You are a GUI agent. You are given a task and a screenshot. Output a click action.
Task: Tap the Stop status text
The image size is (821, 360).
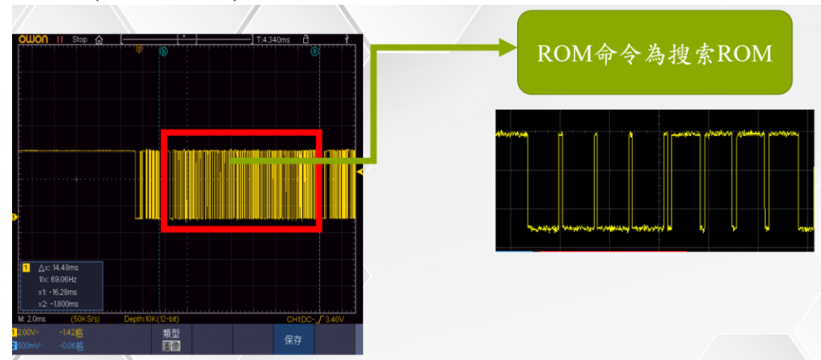[x=79, y=38]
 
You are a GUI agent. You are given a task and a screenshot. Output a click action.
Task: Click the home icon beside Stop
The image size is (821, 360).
[x=99, y=38]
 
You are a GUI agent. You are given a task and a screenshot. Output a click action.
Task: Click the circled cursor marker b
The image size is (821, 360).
[x=164, y=51]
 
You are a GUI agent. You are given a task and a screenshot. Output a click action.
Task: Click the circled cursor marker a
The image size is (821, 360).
[x=315, y=51]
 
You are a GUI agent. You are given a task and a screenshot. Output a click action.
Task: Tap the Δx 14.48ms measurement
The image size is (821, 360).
[x=59, y=266]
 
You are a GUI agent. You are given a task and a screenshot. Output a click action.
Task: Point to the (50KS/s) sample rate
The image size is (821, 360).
[x=87, y=319]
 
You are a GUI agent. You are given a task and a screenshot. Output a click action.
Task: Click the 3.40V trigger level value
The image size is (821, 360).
[x=336, y=319]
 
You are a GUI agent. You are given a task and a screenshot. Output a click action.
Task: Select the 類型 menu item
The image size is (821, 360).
[x=170, y=333]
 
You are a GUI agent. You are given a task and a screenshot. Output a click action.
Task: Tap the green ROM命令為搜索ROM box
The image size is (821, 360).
[x=653, y=52]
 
